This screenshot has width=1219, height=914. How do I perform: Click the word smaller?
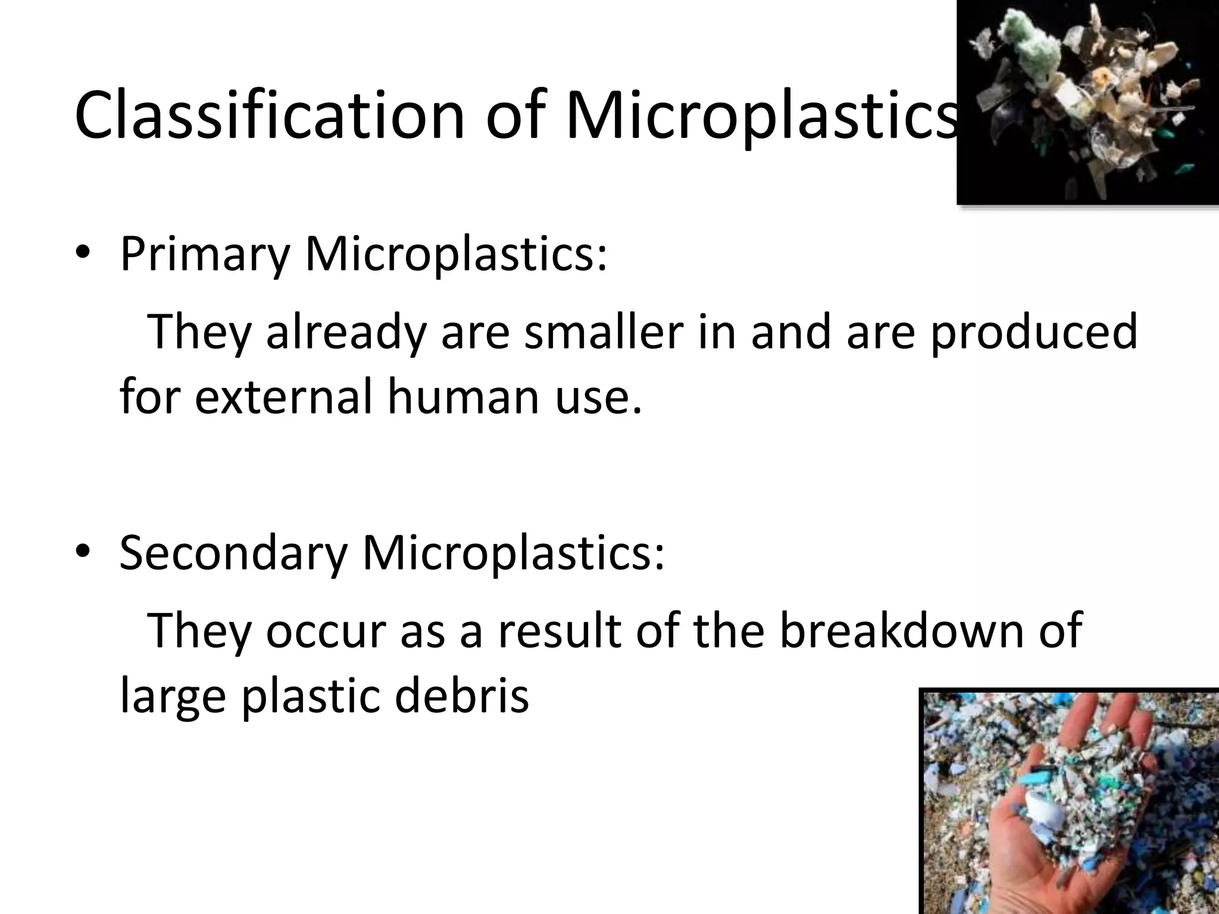point(604,331)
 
